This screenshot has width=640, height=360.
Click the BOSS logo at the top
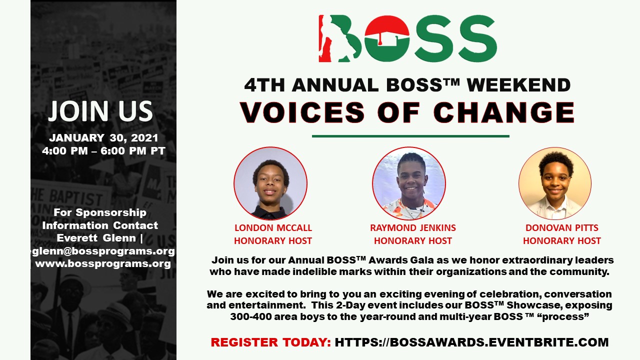(x=407, y=38)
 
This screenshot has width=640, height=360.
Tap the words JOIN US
(x=100, y=111)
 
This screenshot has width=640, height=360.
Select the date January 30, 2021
(x=103, y=138)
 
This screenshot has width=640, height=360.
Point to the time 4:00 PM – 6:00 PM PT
(x=104, y=151)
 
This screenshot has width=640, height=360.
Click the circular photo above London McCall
(x=270, y=183)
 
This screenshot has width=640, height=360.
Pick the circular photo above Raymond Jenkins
(x=409, y=183)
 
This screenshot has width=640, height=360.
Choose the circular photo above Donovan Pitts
(x=555, y=183)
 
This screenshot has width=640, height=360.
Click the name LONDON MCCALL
(x=273, y=228)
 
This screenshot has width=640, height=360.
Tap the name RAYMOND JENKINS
(x=413, y=228)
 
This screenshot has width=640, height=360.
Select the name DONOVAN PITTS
(x=561, y=228)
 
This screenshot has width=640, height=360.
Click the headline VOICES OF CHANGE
(x=407, y=112)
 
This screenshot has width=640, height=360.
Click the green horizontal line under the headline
(x=410, y=136)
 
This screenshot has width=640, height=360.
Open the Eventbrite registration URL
(x=471, y=342)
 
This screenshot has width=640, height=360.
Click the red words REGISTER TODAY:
(x=270, y=342)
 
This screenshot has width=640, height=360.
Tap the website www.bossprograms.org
(x=103, y=263)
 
